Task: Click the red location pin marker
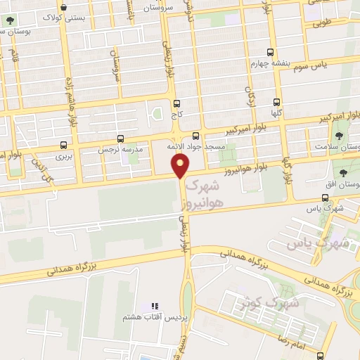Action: coord(181,165)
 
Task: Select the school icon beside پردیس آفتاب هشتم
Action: coord(154,307)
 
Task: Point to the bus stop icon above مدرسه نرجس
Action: coord(122,139)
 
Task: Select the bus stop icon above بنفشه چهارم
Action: coord(271,53)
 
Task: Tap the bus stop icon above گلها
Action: coord(276,101)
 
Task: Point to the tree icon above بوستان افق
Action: coord(343,173)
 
